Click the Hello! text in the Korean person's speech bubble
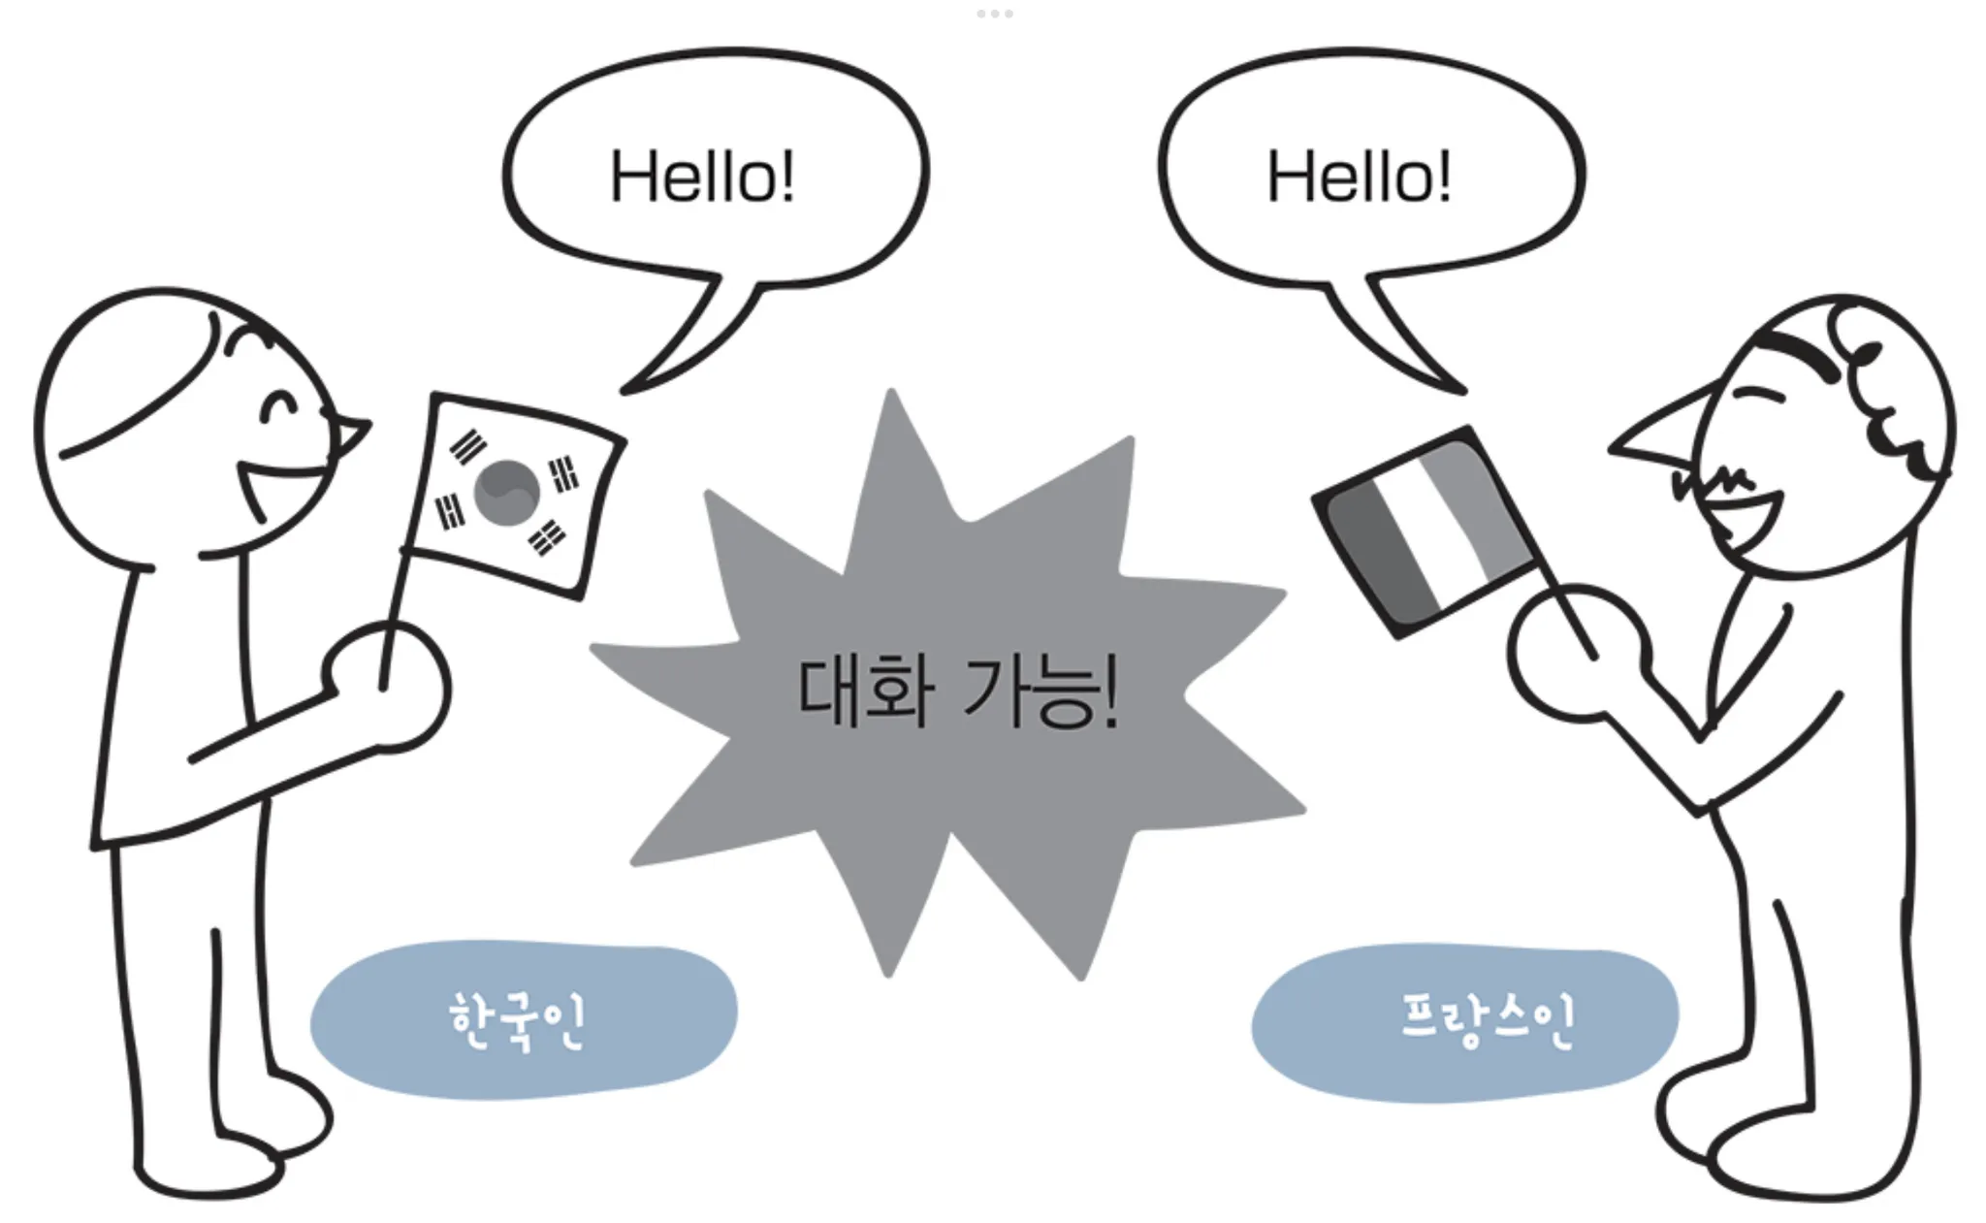702,177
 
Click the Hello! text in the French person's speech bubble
1359,177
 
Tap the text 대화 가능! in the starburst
958,692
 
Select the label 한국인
517,1020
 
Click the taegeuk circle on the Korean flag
506,493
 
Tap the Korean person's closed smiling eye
280,406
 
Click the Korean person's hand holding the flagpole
386,687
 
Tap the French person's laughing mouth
1746,519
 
